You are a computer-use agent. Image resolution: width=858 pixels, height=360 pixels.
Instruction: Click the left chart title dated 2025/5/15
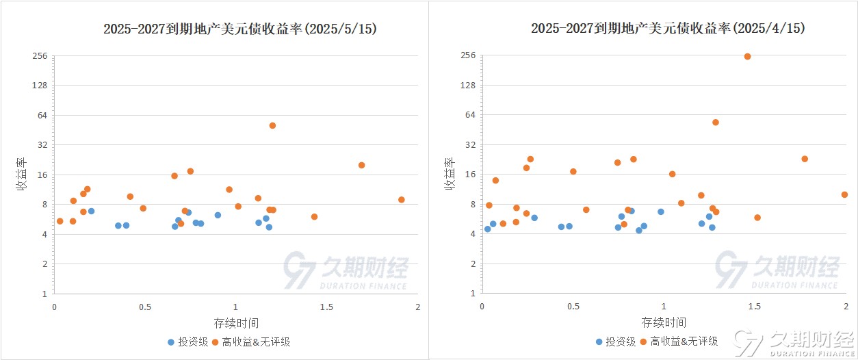point(239,29)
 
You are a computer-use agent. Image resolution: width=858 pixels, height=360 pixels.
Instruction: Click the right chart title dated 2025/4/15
point(668,29)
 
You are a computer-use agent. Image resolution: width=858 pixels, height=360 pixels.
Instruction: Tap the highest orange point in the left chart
point(272,125)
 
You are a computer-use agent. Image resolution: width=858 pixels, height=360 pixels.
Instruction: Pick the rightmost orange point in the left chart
point(402,200)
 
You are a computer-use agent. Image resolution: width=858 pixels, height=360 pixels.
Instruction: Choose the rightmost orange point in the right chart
point(844,194)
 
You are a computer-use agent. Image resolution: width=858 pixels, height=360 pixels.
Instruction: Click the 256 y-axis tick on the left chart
point(40,55)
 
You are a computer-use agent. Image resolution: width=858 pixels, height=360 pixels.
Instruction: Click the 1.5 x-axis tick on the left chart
point(326,307)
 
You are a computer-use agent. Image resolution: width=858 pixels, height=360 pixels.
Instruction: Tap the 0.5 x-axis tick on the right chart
point(573,307)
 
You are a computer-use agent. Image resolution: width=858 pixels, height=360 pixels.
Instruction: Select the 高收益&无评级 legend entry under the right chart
point(677,342)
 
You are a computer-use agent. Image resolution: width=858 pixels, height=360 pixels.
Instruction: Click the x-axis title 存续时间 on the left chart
point(236,322)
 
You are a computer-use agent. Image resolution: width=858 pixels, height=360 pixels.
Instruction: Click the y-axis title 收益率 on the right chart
point(450,174)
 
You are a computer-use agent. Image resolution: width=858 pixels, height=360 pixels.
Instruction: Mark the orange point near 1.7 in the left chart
point(361,165)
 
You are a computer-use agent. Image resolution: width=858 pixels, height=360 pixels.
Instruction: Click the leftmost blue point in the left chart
point(91,211)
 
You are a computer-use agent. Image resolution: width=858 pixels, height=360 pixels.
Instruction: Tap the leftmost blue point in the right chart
point(487,229)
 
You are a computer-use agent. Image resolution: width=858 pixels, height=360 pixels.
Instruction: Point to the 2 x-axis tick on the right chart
point(846,307)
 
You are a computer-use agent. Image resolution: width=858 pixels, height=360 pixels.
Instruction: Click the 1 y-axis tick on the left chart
point(44,294)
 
